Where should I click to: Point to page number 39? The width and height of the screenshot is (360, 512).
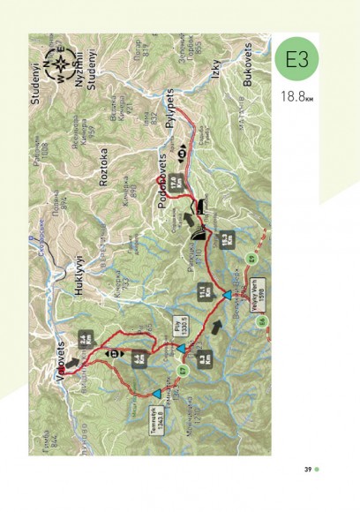[x=310, y=468]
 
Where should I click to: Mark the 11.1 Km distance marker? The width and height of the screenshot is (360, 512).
[x=203, y=292]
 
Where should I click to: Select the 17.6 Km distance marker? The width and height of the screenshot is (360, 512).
[x=175, y=183]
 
